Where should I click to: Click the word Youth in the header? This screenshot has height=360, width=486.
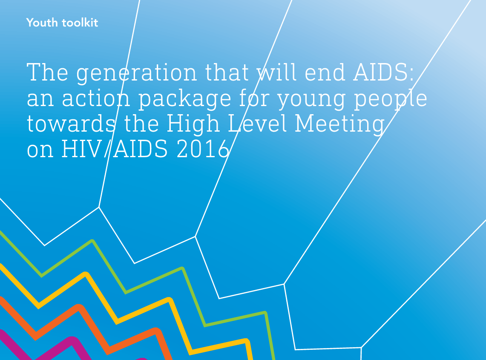(42, 23)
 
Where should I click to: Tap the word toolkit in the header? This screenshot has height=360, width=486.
(80, 23)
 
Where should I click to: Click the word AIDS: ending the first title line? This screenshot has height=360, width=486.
(383, 72)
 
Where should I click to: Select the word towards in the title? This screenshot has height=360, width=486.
(71, 124)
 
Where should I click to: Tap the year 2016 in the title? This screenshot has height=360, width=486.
(203, 149)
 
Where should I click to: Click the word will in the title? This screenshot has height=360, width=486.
(277, 72)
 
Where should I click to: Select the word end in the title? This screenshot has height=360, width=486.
(325, 72)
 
